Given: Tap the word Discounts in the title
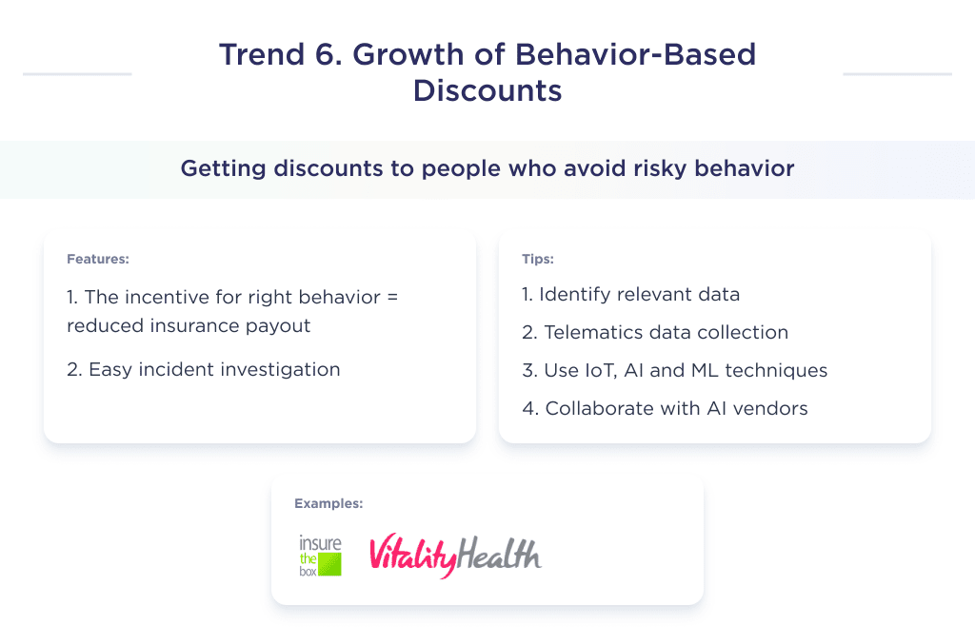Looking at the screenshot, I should (x=487, y=90).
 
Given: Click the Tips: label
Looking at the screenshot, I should (x=537, y=259).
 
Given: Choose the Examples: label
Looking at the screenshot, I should (x=328, y=504).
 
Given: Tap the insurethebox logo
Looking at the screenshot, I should (x=319, y=556).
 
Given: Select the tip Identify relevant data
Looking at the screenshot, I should (x=630, y=295).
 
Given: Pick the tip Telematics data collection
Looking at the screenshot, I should (x=655, y=333).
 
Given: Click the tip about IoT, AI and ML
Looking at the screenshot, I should (x=674, y=371).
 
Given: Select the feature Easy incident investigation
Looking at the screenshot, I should (x=204, y=370).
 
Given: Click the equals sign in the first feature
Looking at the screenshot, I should (x=391, y=297).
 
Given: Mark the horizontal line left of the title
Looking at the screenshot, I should (x=77, y=73).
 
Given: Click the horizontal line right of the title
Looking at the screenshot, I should (x=897, y=73).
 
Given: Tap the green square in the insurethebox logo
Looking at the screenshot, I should (x=329, y=564).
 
